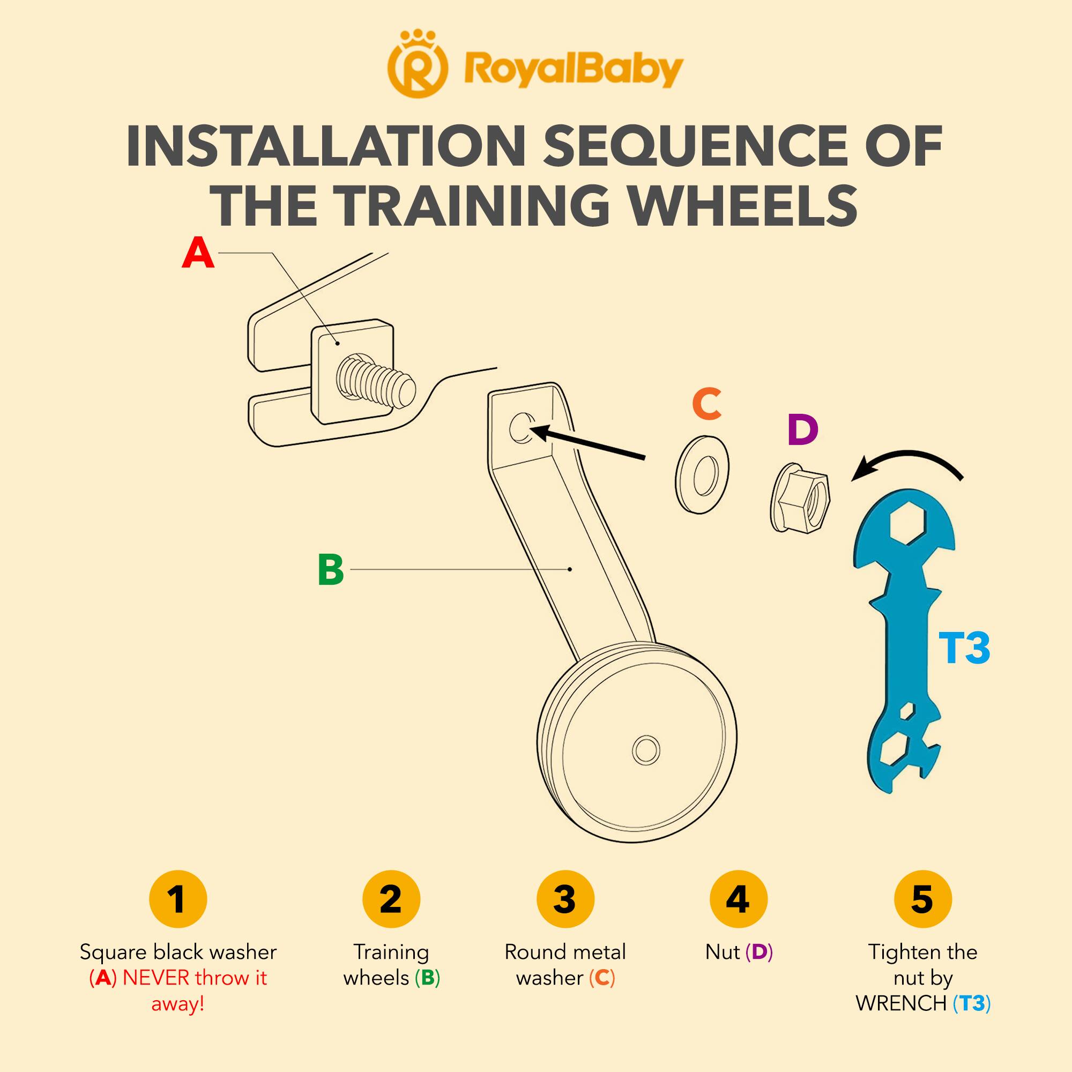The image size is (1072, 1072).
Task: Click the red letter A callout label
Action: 198,253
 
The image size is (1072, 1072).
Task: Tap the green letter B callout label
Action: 331,570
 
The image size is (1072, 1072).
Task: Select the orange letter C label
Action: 706,404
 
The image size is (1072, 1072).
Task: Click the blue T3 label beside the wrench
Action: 964,647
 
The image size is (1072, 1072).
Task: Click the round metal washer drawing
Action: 703,474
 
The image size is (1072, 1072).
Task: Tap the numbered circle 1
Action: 178,899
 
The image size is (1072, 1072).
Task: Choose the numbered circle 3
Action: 565,899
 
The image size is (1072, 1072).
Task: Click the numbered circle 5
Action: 922,899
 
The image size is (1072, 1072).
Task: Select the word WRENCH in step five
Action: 902,1003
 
